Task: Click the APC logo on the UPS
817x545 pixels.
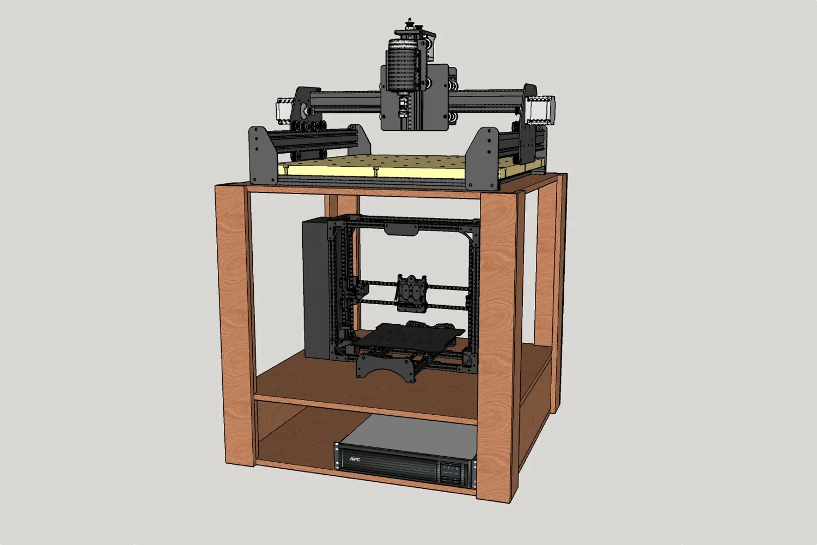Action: (355, 458)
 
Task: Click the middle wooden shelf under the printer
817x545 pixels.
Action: (349, 381)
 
